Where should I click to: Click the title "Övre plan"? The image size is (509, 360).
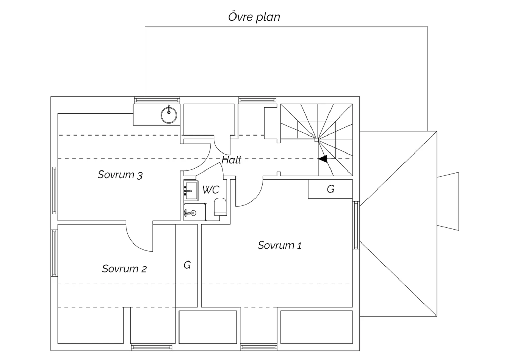click(x=254, y=17)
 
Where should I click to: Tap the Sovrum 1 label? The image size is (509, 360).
click(x=280, y=246)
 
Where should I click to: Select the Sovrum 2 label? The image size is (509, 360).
click(x=124, y=269)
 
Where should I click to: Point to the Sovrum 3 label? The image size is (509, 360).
click(x=120, y=175)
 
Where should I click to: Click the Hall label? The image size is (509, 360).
click(x=231, y=160)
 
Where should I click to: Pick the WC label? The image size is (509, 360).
click(x=211, y=190)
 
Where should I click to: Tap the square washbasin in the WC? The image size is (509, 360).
click(x=191, y=191)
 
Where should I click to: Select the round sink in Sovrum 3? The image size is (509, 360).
click(x=169, y=115)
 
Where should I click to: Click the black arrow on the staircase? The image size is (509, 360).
click(x=323, y=159)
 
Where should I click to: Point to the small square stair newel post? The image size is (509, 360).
click(x=316, y=140)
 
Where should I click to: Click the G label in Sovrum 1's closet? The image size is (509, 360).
click(x=331, y=189)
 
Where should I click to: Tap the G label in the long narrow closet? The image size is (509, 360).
click(x=187, y=265)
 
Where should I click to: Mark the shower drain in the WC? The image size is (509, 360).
click(x=193, y=213)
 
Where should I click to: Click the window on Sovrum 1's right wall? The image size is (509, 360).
click(x=356, y=225)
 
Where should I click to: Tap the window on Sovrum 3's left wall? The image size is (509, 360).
click(x=54, y=191)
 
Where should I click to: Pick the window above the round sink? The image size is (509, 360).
click(x=157, y=100)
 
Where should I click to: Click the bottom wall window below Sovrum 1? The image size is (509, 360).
click(x=259, y=347)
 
